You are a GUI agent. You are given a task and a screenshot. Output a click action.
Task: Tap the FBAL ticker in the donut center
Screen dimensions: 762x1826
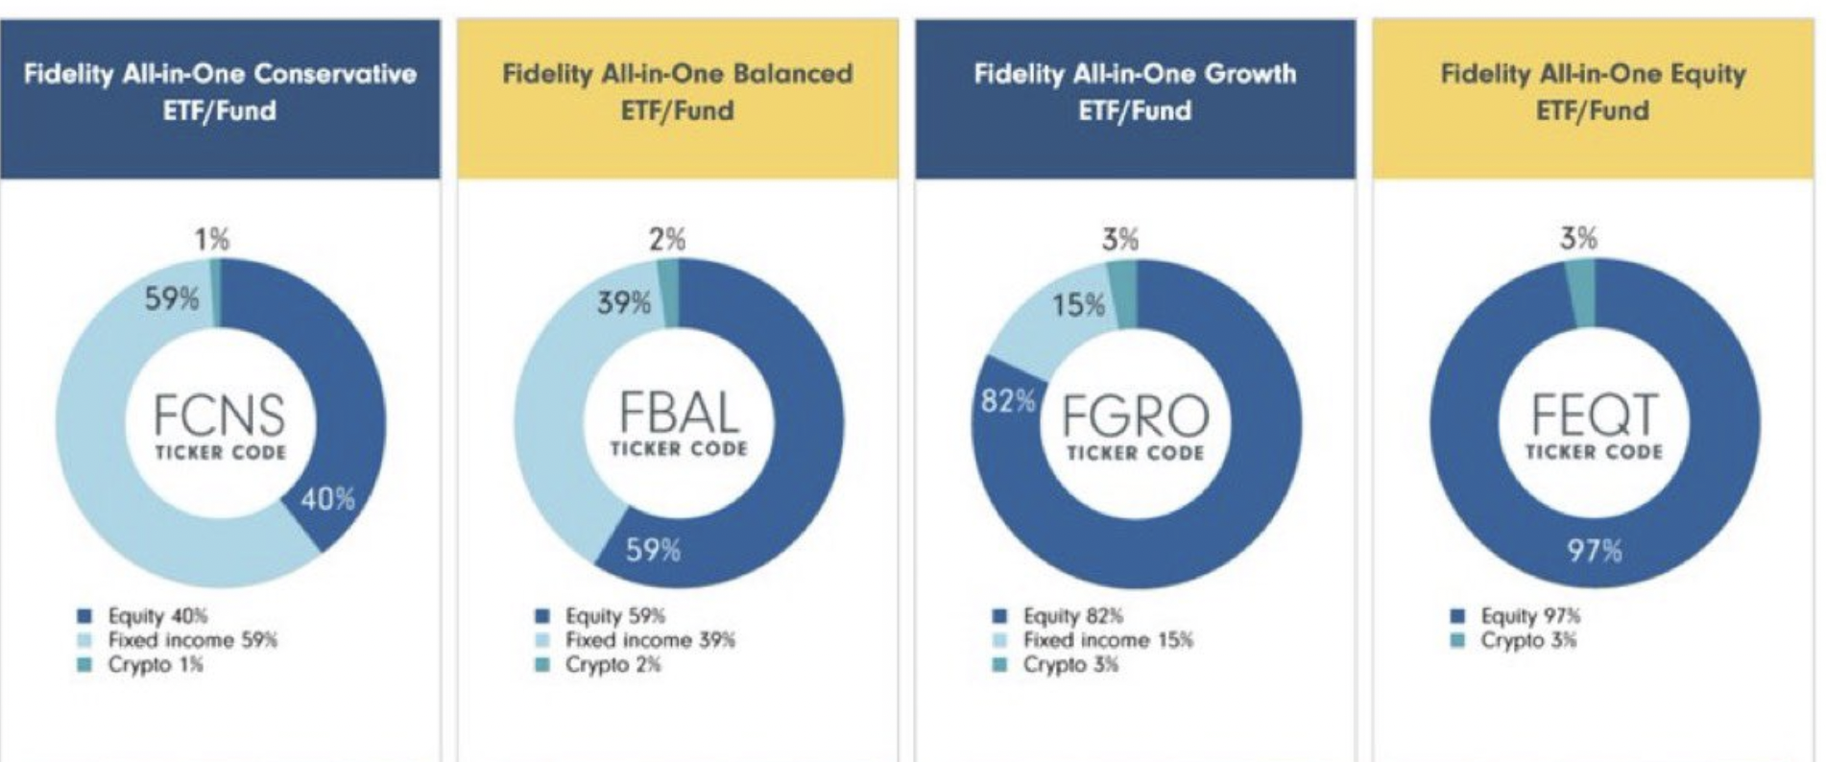point(679,414)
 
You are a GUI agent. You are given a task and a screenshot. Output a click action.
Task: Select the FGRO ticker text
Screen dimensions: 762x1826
point(1135,417)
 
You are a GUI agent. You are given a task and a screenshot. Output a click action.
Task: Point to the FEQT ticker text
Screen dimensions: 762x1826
point(1594,415)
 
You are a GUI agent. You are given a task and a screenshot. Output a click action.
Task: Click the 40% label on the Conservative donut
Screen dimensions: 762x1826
point(327,499)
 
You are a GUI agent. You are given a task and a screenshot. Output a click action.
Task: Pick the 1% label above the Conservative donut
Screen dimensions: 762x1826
point(212,239)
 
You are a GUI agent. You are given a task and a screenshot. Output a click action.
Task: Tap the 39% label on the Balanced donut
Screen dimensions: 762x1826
point(624,303)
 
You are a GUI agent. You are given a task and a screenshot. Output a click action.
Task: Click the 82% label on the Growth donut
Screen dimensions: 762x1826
point(1008,400)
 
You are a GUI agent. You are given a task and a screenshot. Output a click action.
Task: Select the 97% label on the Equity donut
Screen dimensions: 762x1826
point(1595,550)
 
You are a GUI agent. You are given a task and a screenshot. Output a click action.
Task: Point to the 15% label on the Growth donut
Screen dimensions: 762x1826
point(1078,305)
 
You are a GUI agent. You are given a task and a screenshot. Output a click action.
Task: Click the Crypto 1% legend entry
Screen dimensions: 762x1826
point(154,664)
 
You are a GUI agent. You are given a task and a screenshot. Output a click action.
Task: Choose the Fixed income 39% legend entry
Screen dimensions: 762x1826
point(649,640)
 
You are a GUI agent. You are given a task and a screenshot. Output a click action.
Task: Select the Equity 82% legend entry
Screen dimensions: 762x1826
point(1071,615)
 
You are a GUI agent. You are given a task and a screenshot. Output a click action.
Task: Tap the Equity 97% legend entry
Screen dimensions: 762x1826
point(1529,615)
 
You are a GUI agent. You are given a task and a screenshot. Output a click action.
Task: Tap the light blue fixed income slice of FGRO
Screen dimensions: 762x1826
point(1037,326)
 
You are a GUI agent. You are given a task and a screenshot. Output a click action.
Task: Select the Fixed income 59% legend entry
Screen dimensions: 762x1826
point(191,640)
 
